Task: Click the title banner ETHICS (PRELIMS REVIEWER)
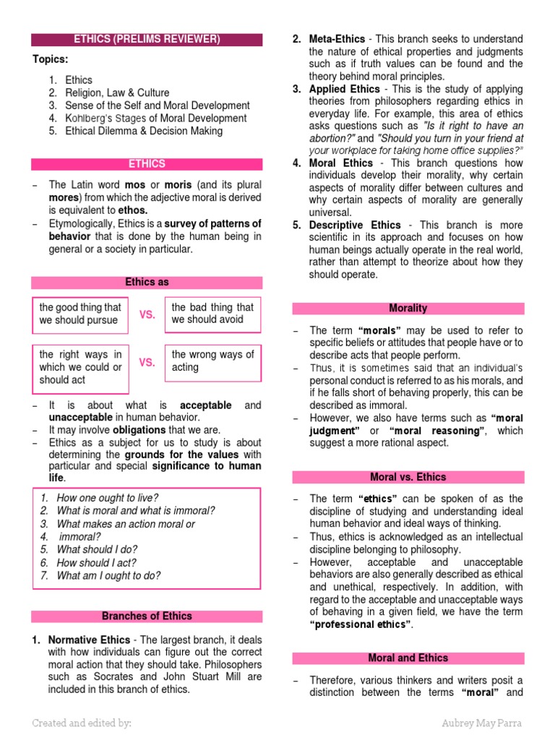pyautogui.click(x=147, y=39)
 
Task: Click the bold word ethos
pyautogui.click(x=132, y=210)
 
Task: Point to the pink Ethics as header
pyautogui.click(x=147, y=283)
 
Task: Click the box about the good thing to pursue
pyautogui.click(x=79, y=314)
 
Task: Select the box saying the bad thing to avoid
pyautogui.click(x=212, y=314)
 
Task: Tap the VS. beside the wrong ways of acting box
pyautogui.click(x=147, y=362)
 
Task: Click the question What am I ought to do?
pyautogui.click(x=108, y=576)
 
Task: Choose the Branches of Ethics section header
pyautogui.click(x=147, y=616)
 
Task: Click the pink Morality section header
pyautogui.click(x=408, y=309)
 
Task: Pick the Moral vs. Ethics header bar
pyautogui.click(x=408, y=477)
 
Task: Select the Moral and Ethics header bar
pyautogui.click(x=408, y=658)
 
